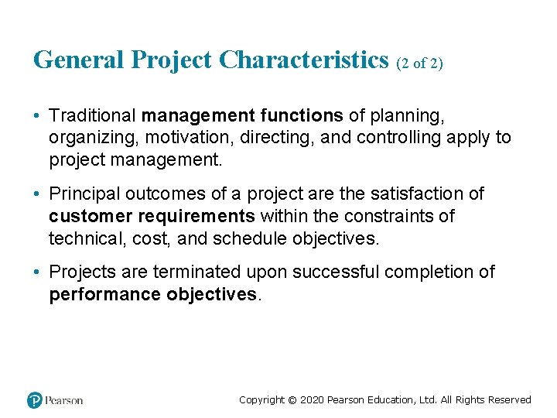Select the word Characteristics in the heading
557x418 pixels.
pyautogui.click(x=303, y=60)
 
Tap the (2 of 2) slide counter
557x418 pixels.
pyautogui.click(x=419, y=63)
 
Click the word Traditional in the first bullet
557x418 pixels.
pyautogui.click(x=92, y=116)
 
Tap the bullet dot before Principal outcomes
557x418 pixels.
pyautogui.click(x=37, y=194)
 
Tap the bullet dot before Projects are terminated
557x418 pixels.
pyautogui.click(x=37, y=272)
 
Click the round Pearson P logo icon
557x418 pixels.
pyautogui.click(x=35, y=400)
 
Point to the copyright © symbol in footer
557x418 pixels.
pyautogui.click(x=292, y=400)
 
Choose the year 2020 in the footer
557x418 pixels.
pyautogui.click(x=312, y=400)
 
